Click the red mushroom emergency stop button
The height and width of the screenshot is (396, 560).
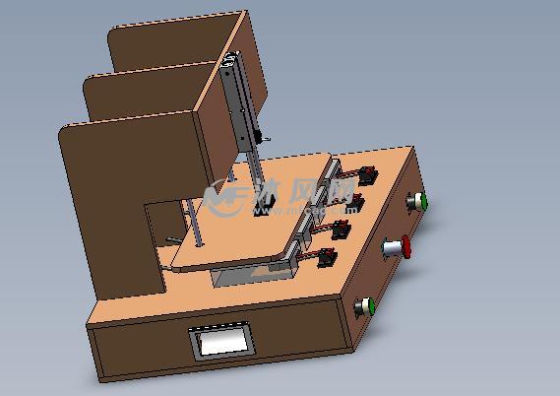pyautogui.click(x=403, y=248)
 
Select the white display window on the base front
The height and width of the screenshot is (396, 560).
pyautogui.click(x=222, y=342)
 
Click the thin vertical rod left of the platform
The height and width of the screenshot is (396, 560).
pyautogui.click(x=195, y=227)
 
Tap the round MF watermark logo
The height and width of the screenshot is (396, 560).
pyautogui.click(x=227, y=196)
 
